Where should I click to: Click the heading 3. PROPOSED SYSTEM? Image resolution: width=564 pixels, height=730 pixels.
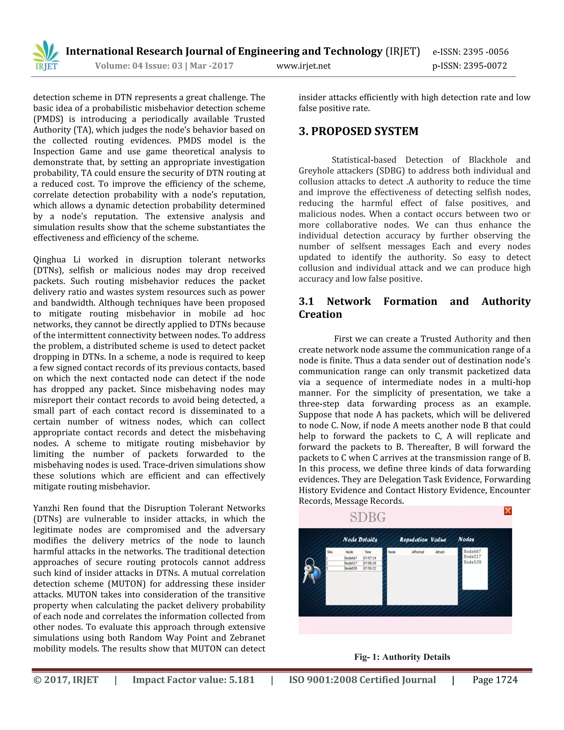click(x=358, y=131)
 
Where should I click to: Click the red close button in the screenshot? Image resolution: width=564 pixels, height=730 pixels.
click(x=508, y=511)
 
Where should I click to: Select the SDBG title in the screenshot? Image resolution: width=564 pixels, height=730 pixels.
click(x=368, y=517)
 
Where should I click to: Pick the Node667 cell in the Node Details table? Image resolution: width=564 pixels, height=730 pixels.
click(x=351, y=558)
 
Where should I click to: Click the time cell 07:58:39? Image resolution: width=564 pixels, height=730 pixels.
click(x=370, y=563)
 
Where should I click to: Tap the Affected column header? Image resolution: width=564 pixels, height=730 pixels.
click(x=418, y=552)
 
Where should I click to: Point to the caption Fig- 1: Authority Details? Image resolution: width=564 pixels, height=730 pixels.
click(x=402, y=657)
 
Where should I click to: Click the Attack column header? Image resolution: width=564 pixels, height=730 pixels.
click(x=440, y=552)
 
